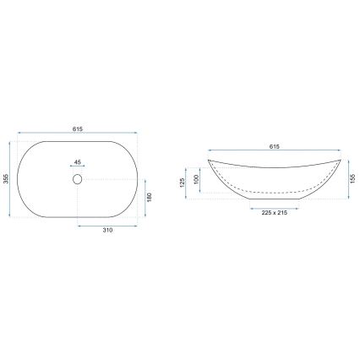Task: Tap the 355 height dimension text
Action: point(7,179)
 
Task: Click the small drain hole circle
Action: point(77,178)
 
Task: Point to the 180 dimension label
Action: point(150,196)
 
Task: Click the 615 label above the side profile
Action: point(275,147)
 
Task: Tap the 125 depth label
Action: point(182,182)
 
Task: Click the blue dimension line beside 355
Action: point(14,179)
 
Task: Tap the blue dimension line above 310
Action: point(108,225)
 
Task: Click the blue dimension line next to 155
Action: point(348,178)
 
